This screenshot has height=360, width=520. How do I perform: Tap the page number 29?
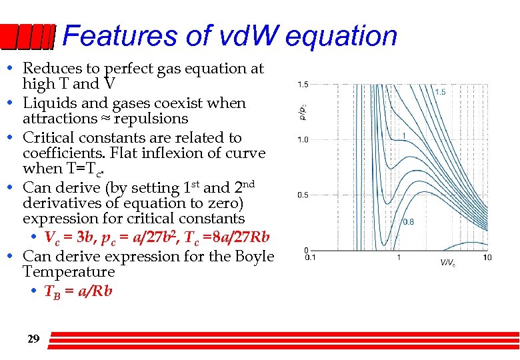(33, 339)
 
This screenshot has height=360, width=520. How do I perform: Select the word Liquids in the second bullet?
(45, 103)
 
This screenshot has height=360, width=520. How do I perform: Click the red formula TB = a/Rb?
(78, 291)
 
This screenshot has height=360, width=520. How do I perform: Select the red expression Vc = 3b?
(71, 237)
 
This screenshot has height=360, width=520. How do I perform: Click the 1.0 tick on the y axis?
(302, 139)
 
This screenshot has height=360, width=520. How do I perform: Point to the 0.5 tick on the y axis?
(302, 195)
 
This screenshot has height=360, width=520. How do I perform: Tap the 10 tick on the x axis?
(487, 257)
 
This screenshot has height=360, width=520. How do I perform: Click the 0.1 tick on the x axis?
(309, 257)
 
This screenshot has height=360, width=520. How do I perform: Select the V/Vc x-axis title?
(447, 263)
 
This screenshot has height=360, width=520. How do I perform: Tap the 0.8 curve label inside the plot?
(407, 221)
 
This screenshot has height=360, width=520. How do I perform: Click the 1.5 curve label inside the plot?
(440, 92)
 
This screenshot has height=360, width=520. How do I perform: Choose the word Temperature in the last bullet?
(69, 272)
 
